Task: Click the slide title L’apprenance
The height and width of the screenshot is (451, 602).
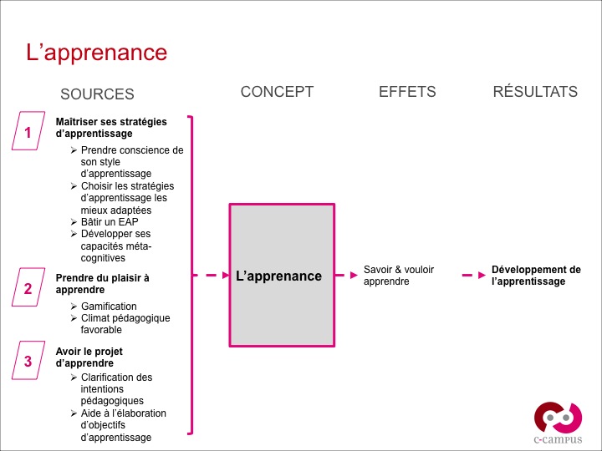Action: [96, 53]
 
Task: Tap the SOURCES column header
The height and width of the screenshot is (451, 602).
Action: [97, 94]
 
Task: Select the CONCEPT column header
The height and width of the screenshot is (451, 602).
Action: [277, 92]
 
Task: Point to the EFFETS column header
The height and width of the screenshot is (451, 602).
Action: [407, 92]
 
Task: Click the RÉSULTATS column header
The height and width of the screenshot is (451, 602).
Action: [535, 92]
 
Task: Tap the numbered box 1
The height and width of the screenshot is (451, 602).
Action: [28, 132]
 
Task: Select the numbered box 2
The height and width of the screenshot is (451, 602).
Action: [28, 289]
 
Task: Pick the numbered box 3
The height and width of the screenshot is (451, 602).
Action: [28, 361]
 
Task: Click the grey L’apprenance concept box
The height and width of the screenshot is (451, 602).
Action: [282, 276]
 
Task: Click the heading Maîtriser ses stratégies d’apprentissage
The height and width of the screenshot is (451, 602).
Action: [110, 127]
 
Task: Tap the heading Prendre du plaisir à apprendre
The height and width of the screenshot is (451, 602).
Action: [102, 284]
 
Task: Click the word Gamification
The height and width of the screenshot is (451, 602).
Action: [109, 307]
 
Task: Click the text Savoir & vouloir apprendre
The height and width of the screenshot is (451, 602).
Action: [399, 276]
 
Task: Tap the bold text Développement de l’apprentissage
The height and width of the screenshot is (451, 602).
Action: [535, 276]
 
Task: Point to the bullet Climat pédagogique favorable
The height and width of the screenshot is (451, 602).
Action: [125, 324]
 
